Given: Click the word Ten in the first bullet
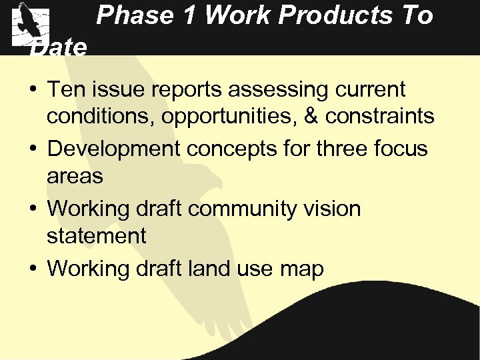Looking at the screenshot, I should point(66,89).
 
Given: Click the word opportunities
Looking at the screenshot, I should point(241,117).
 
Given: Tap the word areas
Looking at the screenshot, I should point(75,177).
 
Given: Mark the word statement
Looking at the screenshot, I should point(96,235).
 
